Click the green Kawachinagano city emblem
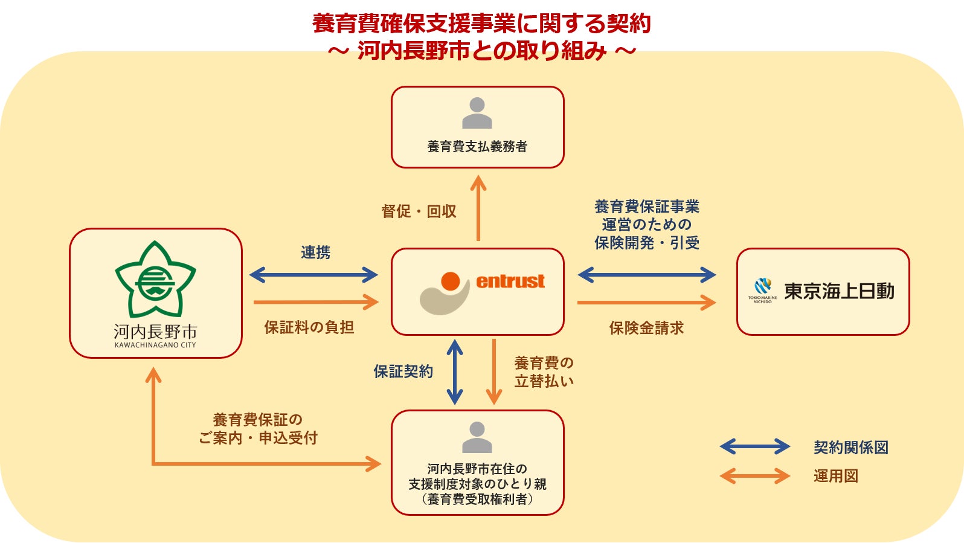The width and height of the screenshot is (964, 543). tap(155, 280)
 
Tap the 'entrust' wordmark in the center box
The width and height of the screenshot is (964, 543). tap(510, 281)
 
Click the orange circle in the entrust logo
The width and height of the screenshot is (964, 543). tap(451, 281)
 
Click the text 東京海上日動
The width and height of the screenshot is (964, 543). tap(839, 291)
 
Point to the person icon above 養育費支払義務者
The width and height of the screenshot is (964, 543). tap(477, 113)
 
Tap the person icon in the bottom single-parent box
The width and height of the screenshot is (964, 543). tap(477, 437)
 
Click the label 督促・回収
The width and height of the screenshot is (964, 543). tap(419, 211)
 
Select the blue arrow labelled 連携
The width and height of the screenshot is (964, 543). tap(313, 275)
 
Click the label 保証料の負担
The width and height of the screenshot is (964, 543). tap(309, 327)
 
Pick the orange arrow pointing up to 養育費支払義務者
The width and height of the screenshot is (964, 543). tap(478, 208)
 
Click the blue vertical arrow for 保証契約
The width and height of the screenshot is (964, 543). tap(454, 372)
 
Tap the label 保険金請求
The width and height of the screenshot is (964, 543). tap(646, 328)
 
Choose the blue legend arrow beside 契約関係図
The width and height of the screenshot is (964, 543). tap(754, 447)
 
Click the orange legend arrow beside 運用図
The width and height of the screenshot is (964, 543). tap(754, 476)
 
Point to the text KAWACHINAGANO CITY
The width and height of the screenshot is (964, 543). tap(155, 345)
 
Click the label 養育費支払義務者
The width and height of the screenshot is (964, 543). tap(477, 146)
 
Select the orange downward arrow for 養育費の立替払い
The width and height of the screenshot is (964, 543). tap(494, 372)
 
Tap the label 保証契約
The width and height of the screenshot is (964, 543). tap(403, 372)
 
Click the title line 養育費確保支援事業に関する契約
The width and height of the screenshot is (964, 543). tap(481, 24)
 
